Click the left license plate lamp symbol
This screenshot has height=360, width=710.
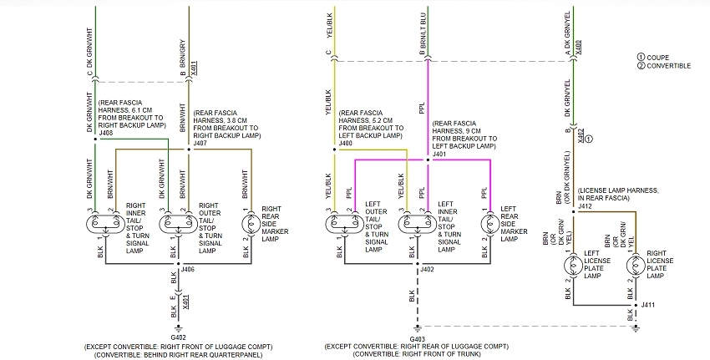point(573,266)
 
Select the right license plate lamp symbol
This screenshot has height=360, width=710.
point(635,266)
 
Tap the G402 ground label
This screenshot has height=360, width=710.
point(180,337)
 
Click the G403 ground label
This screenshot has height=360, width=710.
point(417,337)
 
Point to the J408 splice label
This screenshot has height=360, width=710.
point(105,133)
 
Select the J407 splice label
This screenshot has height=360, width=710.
point(200,143)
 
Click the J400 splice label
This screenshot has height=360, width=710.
point(345,144)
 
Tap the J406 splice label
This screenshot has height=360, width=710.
point(187,269)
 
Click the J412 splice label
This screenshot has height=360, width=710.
point(585,205)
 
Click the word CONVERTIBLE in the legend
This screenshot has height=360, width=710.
point(671,65)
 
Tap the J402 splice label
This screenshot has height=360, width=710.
point(427,269)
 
